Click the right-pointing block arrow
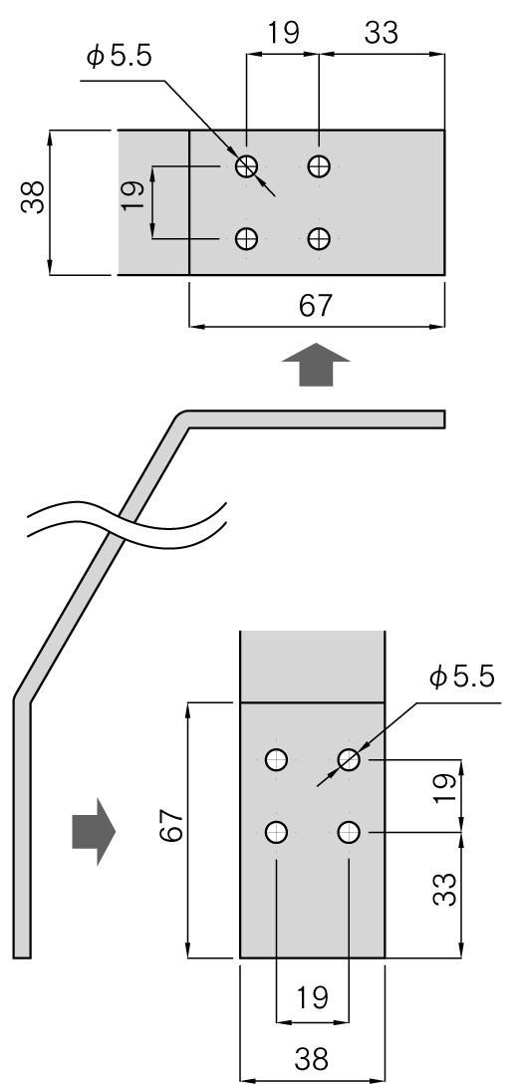93,831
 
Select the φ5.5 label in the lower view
462,678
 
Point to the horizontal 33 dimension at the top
381,32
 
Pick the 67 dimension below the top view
316,306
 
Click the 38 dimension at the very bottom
312,1059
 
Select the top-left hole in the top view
246,166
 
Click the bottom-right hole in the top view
319,239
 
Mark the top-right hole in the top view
319,166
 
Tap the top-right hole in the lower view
349,760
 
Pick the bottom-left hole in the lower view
276,832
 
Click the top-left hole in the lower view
276,760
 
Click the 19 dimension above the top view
283,32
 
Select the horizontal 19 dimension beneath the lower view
312,998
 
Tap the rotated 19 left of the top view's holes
133,196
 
